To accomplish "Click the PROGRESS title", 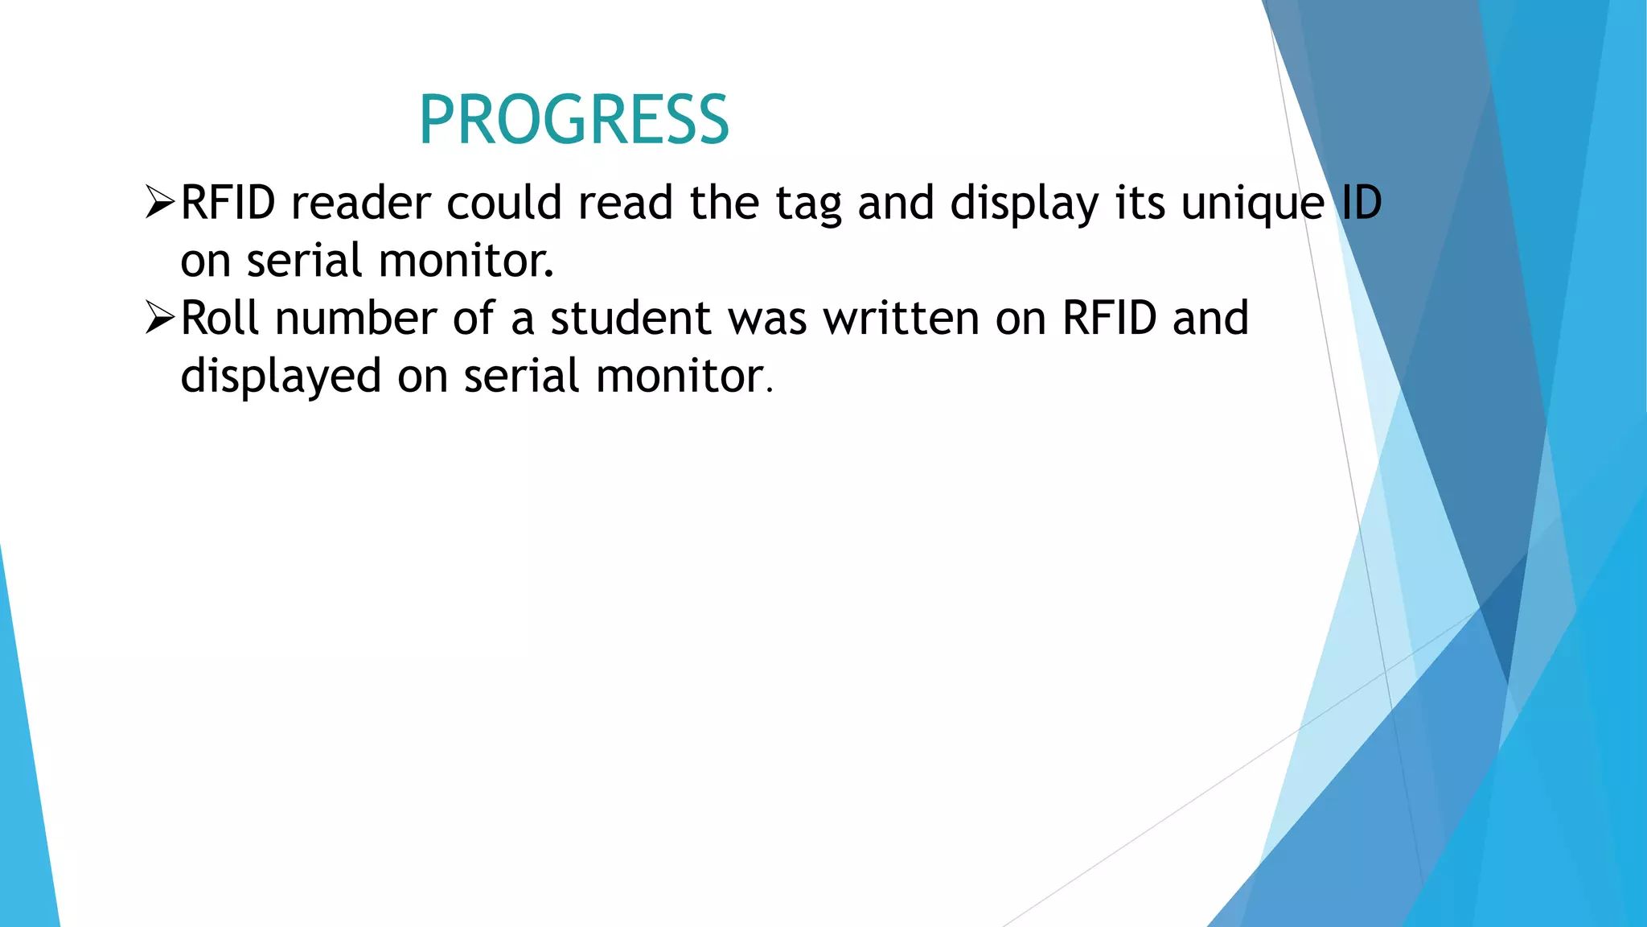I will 573,120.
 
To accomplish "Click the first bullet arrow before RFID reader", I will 160,202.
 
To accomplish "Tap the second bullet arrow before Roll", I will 160,318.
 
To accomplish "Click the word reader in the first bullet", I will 360,203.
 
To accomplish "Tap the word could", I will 503,202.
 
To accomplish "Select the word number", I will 355,318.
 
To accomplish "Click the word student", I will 630,318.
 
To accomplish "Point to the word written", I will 901,318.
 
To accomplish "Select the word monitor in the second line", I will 466,261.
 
